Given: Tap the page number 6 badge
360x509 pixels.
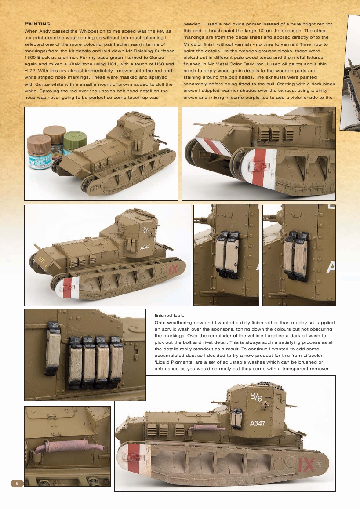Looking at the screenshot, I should (17, 483).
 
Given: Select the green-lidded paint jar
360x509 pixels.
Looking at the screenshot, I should (73, 143).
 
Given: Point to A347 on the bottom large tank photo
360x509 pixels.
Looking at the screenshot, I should (257, 423).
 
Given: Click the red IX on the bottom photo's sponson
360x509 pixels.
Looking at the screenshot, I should (306, 465).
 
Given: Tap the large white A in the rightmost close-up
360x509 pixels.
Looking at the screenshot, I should (331, 267).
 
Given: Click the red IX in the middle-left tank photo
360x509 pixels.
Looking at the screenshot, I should (172, 269).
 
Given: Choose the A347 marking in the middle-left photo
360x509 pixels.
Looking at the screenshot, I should (145, 247).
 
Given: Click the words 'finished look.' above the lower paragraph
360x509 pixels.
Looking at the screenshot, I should (169, 315).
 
